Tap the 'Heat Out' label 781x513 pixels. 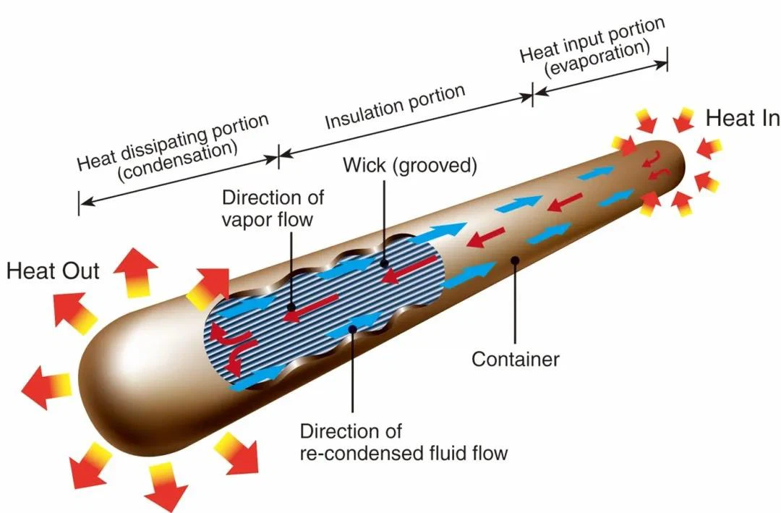[53, 272]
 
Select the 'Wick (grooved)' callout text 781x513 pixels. [410, 165]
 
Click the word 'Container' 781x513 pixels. [516, 358]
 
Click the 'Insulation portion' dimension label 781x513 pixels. [394, 108]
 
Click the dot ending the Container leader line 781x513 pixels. [515, 259]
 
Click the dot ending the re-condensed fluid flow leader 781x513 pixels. [352, 329]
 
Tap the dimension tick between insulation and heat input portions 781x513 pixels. [533, 95]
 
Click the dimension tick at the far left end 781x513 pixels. [79, 203]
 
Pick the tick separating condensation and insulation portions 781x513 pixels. [278, 154]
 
